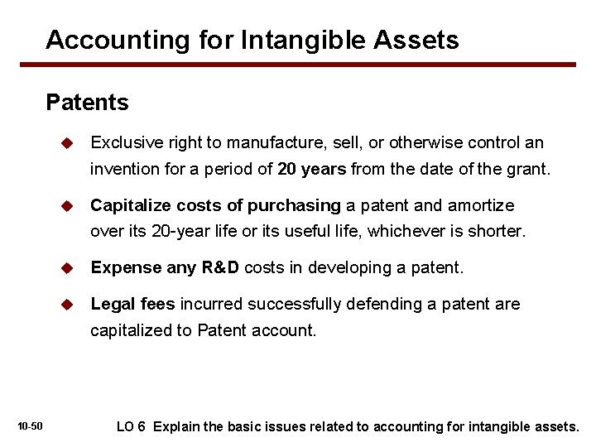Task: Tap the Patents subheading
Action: tap(88, 103)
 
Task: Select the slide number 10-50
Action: tap(30, 426)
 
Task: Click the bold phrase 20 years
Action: tap(312, 170)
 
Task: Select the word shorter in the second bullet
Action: tap(497, 231)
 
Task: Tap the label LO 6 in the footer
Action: tap(132, 426)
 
